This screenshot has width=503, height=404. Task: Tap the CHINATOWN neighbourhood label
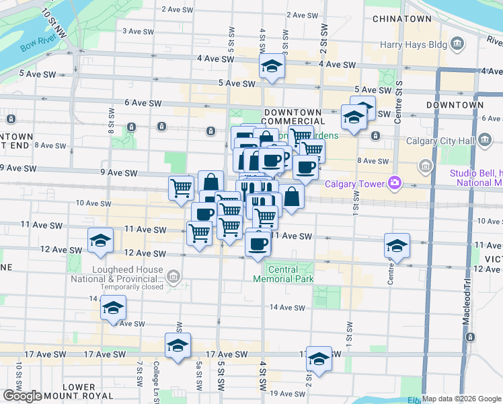pyautogui.click(x=401, y=18)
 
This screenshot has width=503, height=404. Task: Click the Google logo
pyautogui.click(x=22, y=396)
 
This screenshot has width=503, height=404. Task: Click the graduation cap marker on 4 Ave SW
pyautogui.click(x=272, y=67)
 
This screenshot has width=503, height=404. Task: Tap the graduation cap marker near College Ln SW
pyautogui.click(x=178, y=346)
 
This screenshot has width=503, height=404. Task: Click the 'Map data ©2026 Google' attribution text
pyautogui.click(x=461, y=399)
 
